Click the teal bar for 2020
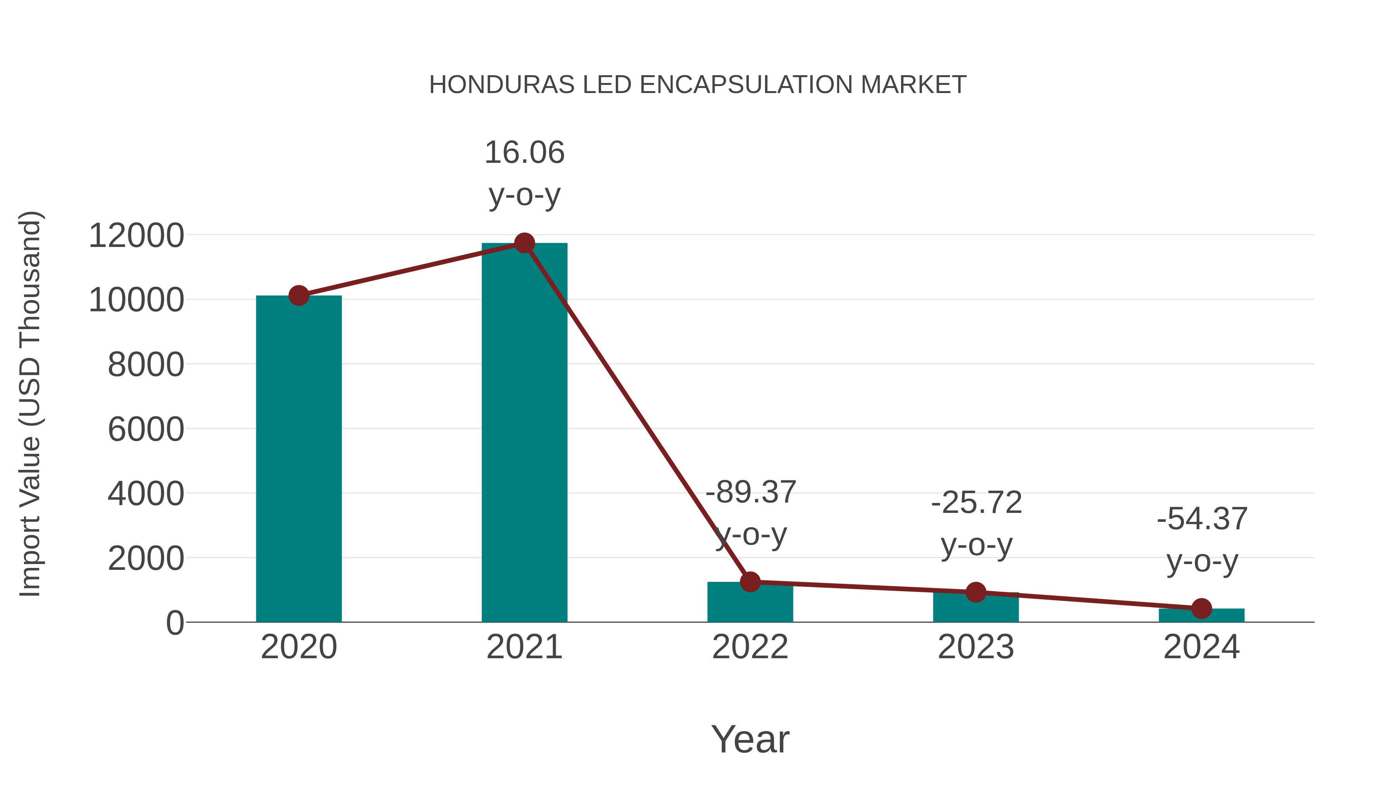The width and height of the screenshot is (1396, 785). click(x=299, y=461)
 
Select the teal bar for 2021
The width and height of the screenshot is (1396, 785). click(x=524, y=433)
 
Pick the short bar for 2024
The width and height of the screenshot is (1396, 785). click(x=1201, y=616)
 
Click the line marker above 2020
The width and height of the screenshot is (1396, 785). click(x=299, y=296)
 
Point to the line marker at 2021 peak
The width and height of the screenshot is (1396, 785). click(x=524, y=243)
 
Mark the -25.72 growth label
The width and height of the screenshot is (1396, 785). click(x=976, y=503)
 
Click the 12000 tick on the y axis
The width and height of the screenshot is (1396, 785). click(x=136, y=236)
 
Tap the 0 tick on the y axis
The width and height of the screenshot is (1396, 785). click(x=175, y=623)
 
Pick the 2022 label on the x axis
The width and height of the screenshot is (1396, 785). click(x=750, y=647)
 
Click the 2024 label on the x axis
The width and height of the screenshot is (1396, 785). click(x=1201, y=647)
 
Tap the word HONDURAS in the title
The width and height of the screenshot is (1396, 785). click(x=501, y=85)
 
